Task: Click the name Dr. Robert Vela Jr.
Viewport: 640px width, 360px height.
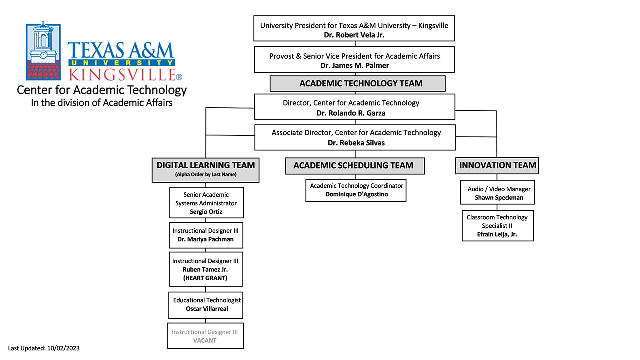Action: [354, 35]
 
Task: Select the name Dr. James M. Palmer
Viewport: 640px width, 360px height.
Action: [354, 65]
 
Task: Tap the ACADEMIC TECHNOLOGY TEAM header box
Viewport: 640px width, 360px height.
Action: [357, 83]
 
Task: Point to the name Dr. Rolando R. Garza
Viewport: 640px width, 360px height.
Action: [351, 113]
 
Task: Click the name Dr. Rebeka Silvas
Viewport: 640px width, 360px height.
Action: [356, 143]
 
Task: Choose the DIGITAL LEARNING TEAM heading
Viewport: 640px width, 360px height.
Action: [205, 165]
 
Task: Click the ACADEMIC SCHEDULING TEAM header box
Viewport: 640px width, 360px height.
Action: [355, 166]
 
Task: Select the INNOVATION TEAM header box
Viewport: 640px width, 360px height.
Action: [497, 165]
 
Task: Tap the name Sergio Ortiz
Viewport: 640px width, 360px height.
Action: [206, 212]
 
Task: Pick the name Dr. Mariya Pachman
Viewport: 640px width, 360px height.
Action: [205, 239]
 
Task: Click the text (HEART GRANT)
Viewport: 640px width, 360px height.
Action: [205, 278]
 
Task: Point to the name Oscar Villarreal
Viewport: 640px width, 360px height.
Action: [207, 309]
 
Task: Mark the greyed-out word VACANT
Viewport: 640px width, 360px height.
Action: [205, 341]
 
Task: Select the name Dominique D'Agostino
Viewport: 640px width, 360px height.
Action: [357, 194]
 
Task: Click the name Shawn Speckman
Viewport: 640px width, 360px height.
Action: [499, 198]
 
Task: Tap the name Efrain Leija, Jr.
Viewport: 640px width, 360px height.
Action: [497, 234]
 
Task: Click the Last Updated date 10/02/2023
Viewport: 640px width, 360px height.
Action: [63, 348]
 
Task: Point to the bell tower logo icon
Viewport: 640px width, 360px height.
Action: [43, 51]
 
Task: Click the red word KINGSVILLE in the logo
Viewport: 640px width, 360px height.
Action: [122, 75]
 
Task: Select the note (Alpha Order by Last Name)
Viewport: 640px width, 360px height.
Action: [206, 175]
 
